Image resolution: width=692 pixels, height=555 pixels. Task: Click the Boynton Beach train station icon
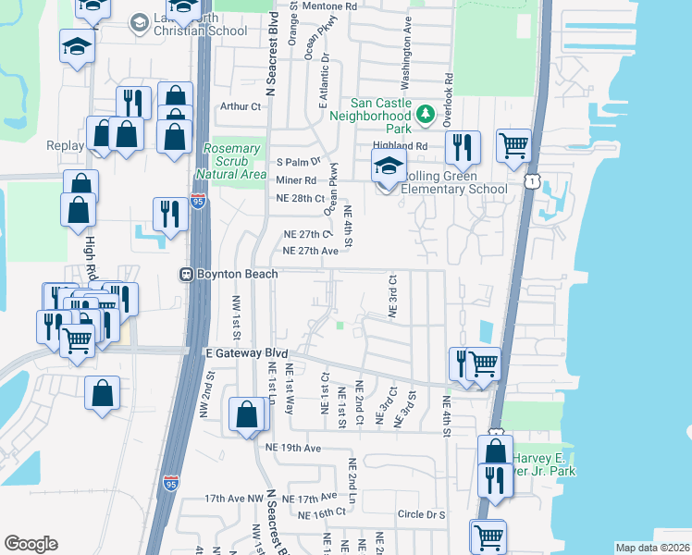(185, 274)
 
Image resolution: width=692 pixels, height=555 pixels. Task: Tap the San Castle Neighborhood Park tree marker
(425, 115)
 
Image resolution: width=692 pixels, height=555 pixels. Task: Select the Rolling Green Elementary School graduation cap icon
(389, 168)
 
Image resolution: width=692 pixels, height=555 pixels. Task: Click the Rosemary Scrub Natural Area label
(230, 161)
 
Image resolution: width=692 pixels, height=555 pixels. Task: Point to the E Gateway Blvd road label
(246, 353)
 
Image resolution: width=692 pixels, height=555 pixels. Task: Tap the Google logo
(31, 544)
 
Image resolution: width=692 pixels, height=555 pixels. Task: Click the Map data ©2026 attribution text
(652, 548)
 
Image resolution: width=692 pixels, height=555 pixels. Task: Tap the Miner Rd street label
(296, 180)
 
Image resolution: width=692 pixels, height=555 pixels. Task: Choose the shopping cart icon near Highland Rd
(513, 145)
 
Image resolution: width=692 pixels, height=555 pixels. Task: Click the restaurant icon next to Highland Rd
(460, 147)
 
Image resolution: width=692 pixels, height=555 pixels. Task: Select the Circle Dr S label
(421, 514)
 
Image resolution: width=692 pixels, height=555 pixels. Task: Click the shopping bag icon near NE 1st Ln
(248, 414)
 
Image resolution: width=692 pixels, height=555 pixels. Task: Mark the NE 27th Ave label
(311, 251)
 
